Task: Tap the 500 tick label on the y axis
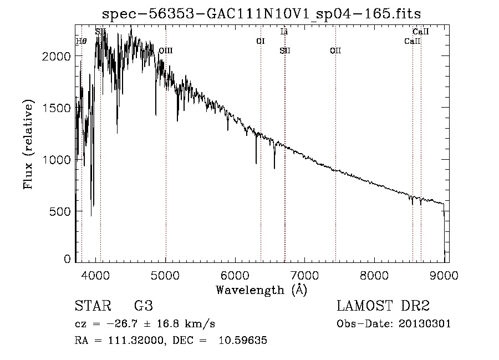62,211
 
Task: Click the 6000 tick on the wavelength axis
235,275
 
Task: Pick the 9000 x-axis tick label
444,275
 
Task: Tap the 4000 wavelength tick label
96,275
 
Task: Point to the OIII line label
165,51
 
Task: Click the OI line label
260,41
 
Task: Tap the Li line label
284,32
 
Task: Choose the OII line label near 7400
335,51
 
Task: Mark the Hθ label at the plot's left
81,41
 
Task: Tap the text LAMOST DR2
383,306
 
